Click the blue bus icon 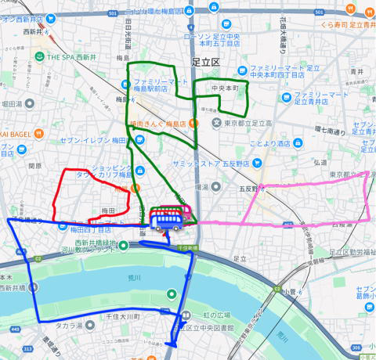click(x=168, y=220)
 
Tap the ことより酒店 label click(x=269, y=143)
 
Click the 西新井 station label click(x=34, y=31)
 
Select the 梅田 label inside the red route click(x=108, y=211)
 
